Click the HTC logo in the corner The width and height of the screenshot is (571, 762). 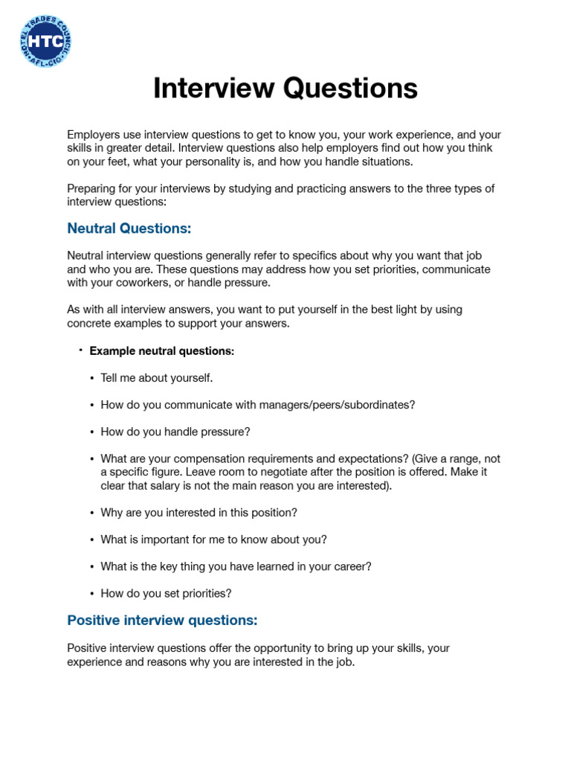(45, 42)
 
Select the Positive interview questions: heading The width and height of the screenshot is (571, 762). (162, 620)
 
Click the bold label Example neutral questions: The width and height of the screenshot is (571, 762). (161, 350)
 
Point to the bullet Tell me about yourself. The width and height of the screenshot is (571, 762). (156, 378)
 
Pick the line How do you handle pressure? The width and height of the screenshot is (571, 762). (175, 432)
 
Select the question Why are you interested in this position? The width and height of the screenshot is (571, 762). (199, 513)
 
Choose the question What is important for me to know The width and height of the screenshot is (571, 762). (213, 540)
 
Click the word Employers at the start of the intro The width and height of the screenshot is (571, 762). (92, 135)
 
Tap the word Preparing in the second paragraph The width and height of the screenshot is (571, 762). (91, 188)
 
